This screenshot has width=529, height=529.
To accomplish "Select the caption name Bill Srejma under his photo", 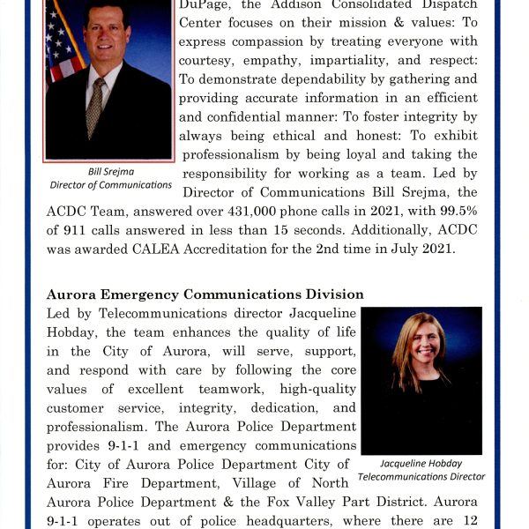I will pos(110,172).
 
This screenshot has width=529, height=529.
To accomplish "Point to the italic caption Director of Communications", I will pos(110,185).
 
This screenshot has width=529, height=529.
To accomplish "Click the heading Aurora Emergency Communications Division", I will pos(205,294).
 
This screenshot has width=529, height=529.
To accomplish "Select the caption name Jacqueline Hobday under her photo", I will pos(421,463).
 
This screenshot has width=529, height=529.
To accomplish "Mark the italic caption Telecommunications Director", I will pos(421,477).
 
